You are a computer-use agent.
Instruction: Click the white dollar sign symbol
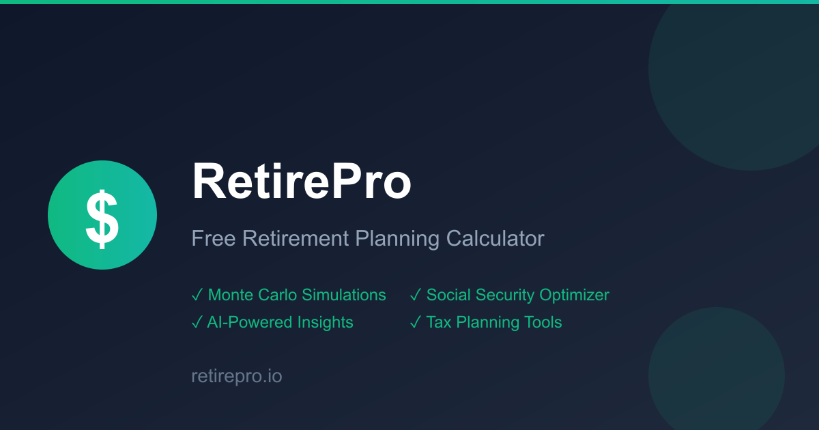tap(102, 217)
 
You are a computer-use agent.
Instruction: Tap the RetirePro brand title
tap(301, 182)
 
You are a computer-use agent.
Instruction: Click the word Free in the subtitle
tap(212, 239)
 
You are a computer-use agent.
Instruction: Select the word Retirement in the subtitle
tap(295, 239)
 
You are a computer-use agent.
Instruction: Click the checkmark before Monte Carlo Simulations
tap(197, 295)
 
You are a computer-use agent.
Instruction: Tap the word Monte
tap(230, 295)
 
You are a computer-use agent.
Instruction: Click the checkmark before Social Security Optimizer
tap(415, 295)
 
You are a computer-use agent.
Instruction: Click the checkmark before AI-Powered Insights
tap(197, 322)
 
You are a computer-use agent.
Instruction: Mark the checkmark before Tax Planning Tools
tap(415, 322)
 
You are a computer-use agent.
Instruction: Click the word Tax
tap(438, 322)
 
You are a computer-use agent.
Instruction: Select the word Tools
tap(543, 322)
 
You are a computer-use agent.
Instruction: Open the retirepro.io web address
tap(236, 376)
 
